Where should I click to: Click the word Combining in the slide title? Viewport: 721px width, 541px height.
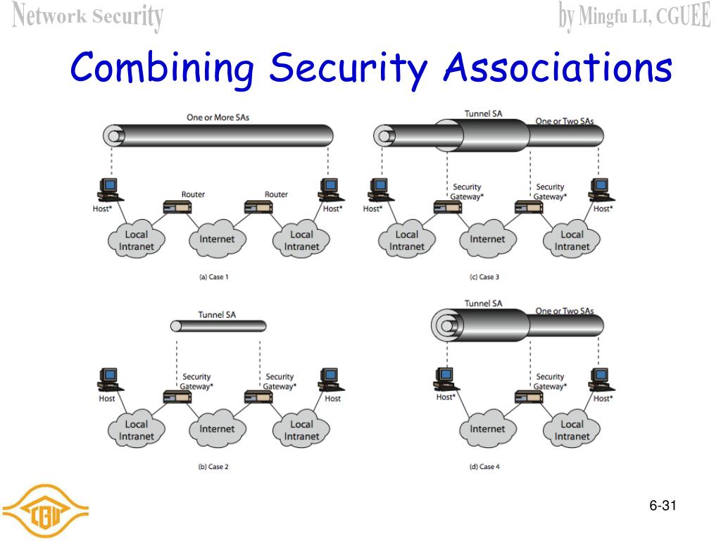[163, 69]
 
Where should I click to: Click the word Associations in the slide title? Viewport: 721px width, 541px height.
[558, 69]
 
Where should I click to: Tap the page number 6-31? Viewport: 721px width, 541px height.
[663, 506]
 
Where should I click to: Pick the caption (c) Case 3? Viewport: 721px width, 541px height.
[484, 277]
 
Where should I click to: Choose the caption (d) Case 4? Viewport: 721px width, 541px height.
[484, 466]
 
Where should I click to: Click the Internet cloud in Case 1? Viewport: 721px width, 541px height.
[217, 240]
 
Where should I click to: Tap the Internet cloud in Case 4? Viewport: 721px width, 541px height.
[487, 429]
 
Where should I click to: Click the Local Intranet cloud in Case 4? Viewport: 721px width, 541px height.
[572, 430]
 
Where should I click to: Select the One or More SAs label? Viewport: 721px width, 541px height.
[218, 118]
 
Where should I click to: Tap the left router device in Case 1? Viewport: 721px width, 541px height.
[177, 207]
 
